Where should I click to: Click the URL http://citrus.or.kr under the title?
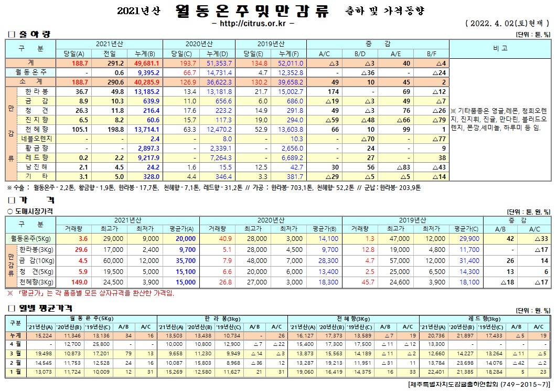pos(253,24)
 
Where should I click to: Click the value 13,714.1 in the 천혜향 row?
pos(147,129)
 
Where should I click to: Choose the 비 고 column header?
pos(500,48)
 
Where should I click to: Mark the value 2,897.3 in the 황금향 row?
pos(148,148)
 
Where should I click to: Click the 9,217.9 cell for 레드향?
pos(148,157)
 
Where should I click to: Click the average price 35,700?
pos(186,260)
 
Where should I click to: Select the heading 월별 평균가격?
pos(45,308)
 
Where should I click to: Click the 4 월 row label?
pos(16,344)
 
